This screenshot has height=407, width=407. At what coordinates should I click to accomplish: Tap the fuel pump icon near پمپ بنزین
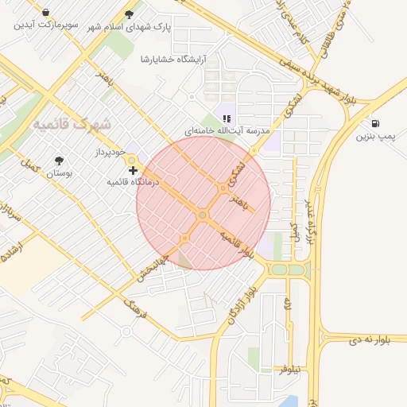pyautogui.click(x=375, y=124)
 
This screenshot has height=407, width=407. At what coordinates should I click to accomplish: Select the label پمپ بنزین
pyautogui.click(x=374, y=138)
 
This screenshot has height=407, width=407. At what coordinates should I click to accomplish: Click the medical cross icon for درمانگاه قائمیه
pyautogui.click(x=132, y=170)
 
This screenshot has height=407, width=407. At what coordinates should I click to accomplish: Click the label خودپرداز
pyautogui.click(x=110, y=151)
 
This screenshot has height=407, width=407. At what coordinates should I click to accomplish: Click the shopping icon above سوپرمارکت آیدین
pyautogui.click(x=46, y=13)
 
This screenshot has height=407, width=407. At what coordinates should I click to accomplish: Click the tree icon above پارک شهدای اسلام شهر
pyautogui.click(x=130, y=14)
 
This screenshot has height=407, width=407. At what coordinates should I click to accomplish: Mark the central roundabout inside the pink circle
pyautogui.click(x=203, y=215)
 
